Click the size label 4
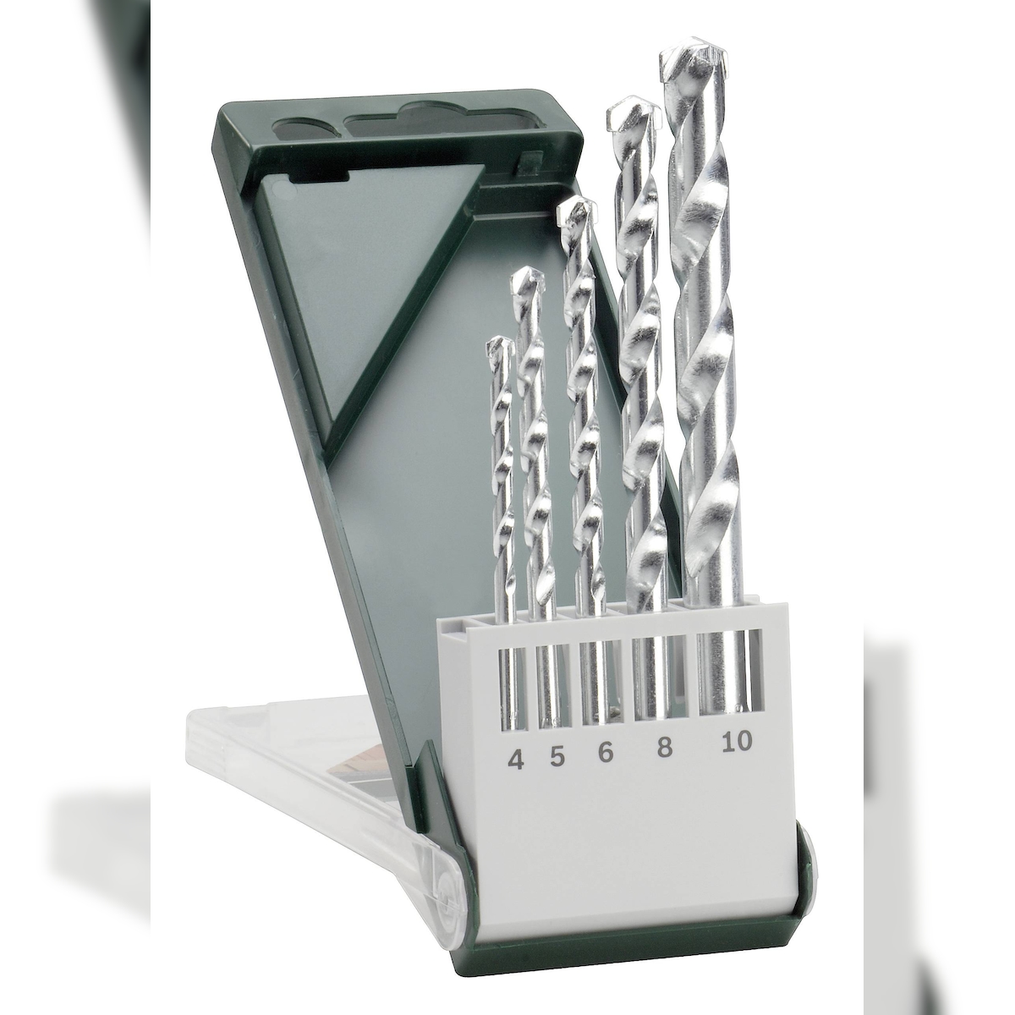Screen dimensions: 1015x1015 coord(515,759)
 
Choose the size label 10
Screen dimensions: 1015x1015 coord(738,741)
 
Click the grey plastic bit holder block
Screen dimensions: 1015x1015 coord(626,812)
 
